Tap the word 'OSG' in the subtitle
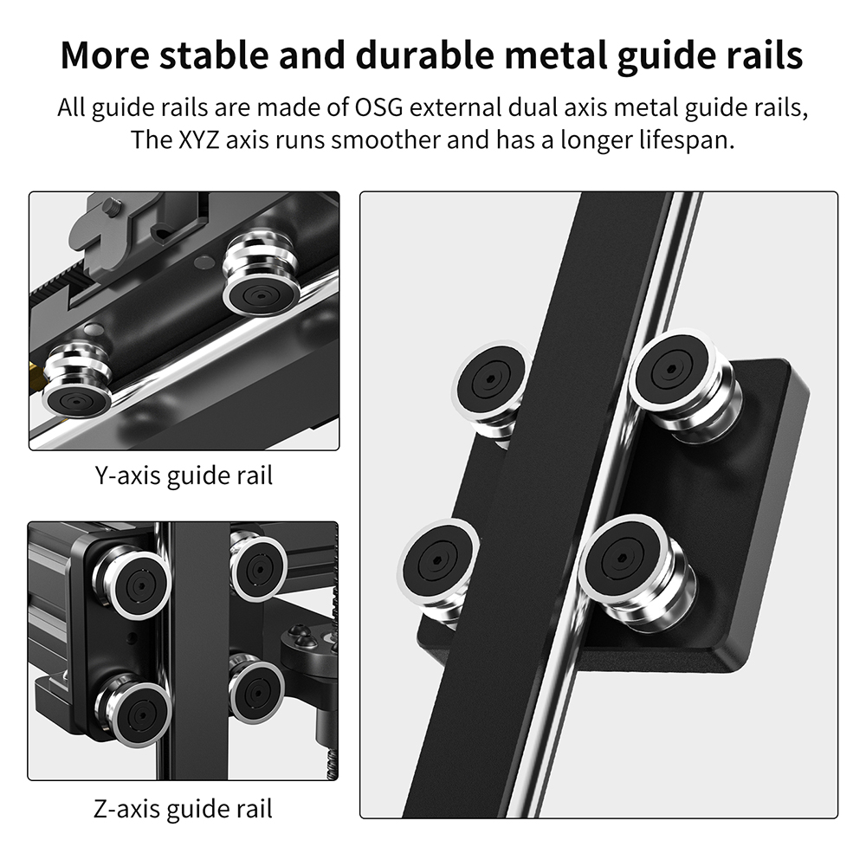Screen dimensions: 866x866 pos(378,107)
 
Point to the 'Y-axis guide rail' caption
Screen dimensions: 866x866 pos(184,476)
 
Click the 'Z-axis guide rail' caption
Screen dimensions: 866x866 pos(183,810)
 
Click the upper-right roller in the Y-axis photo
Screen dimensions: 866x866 pos(262,274)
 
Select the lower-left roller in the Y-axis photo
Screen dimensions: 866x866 pos(77,381)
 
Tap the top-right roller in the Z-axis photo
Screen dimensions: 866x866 pos(257,566)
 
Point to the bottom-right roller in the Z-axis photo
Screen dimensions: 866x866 pos(256,688)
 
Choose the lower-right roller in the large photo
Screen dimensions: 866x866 pos(635,572)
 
